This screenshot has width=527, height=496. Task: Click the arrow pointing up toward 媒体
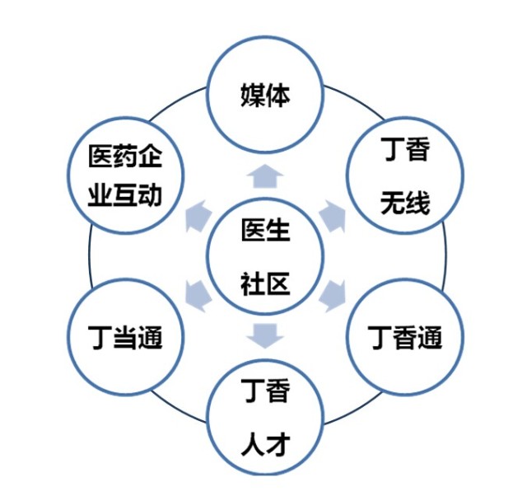[265, 175]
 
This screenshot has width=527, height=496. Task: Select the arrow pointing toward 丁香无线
[333, 216]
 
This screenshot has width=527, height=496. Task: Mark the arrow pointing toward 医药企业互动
[198, 216]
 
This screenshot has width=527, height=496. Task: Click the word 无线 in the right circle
[405, 203]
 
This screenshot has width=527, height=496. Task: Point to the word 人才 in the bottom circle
[265, 444]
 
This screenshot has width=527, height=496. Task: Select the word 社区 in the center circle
[265, 283]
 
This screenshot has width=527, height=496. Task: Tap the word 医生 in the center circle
[265, 230]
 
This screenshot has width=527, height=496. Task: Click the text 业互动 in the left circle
[125, 195]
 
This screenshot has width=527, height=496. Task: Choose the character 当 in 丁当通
[125, 337]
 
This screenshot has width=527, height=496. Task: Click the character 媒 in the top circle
[253, 96]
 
